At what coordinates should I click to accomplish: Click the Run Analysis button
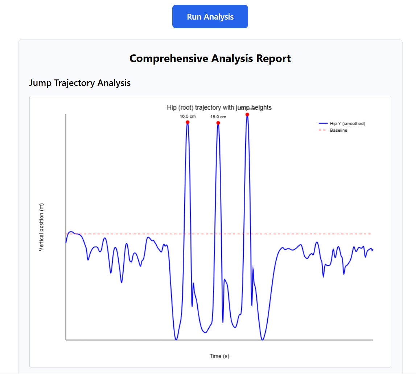(x=210, y=17)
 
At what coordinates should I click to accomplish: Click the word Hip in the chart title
(x=171, y=107)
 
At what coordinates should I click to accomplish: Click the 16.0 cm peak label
(x=188, y=116)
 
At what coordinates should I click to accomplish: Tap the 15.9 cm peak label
(x=218, y=117)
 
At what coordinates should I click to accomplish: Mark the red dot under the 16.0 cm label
(x=188, y=122)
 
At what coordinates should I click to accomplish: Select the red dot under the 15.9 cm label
(x=218, y=123)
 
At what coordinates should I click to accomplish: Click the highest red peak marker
(x=247, y=115)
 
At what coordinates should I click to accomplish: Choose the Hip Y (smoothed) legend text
(x=347, y=124)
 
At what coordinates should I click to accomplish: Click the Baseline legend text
(x=338, y=130)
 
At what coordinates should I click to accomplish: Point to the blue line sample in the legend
(x=322, y=124)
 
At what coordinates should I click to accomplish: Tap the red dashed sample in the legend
(x=322, y=130)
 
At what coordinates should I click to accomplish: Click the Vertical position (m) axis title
(x=41, y=227)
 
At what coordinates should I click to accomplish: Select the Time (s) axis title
(x=219, y=356)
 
